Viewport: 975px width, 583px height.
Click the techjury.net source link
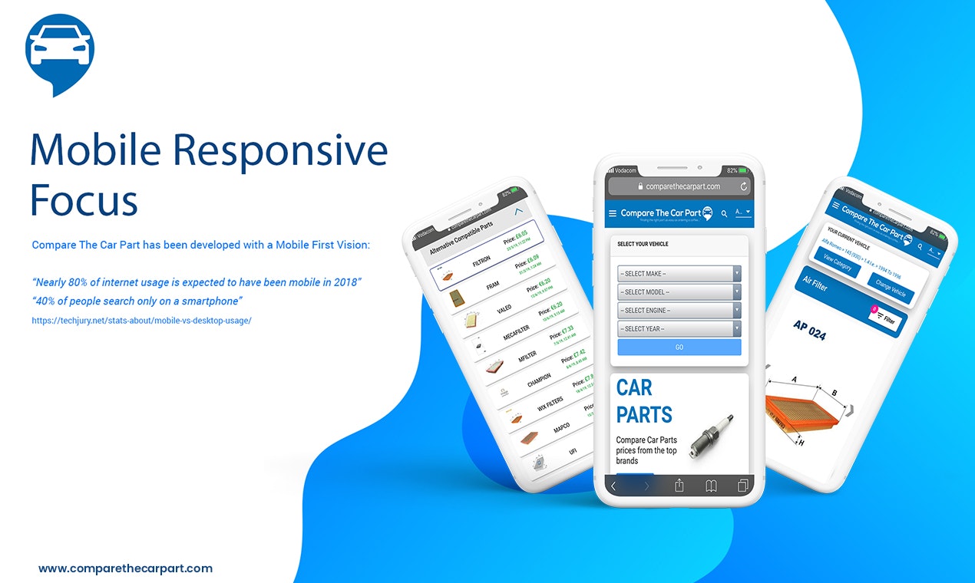coord(141,321)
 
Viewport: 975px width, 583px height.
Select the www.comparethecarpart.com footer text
coord(125,568)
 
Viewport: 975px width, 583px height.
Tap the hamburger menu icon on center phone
coord(613,213)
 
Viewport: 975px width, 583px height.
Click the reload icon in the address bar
coord(743,186)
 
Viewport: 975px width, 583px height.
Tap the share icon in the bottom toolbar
coord(679,486)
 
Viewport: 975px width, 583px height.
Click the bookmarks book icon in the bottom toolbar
coord(711,486)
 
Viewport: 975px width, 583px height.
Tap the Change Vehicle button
coord(891,288)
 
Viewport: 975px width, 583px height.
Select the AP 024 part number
coord(809,330)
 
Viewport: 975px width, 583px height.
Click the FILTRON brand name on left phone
coord(481,261)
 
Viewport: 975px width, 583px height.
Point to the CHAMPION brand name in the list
coord(539,380)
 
